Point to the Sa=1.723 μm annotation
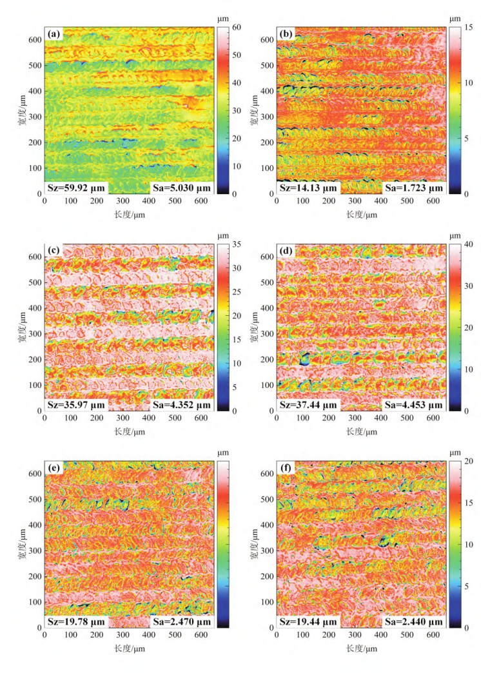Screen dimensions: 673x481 click(x=413, y=188)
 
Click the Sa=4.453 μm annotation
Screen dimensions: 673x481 click(x=413, y=405)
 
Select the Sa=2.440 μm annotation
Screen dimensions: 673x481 click(x=413, y=622)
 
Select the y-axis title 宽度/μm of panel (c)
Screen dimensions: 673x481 click(x=21, y=327)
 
